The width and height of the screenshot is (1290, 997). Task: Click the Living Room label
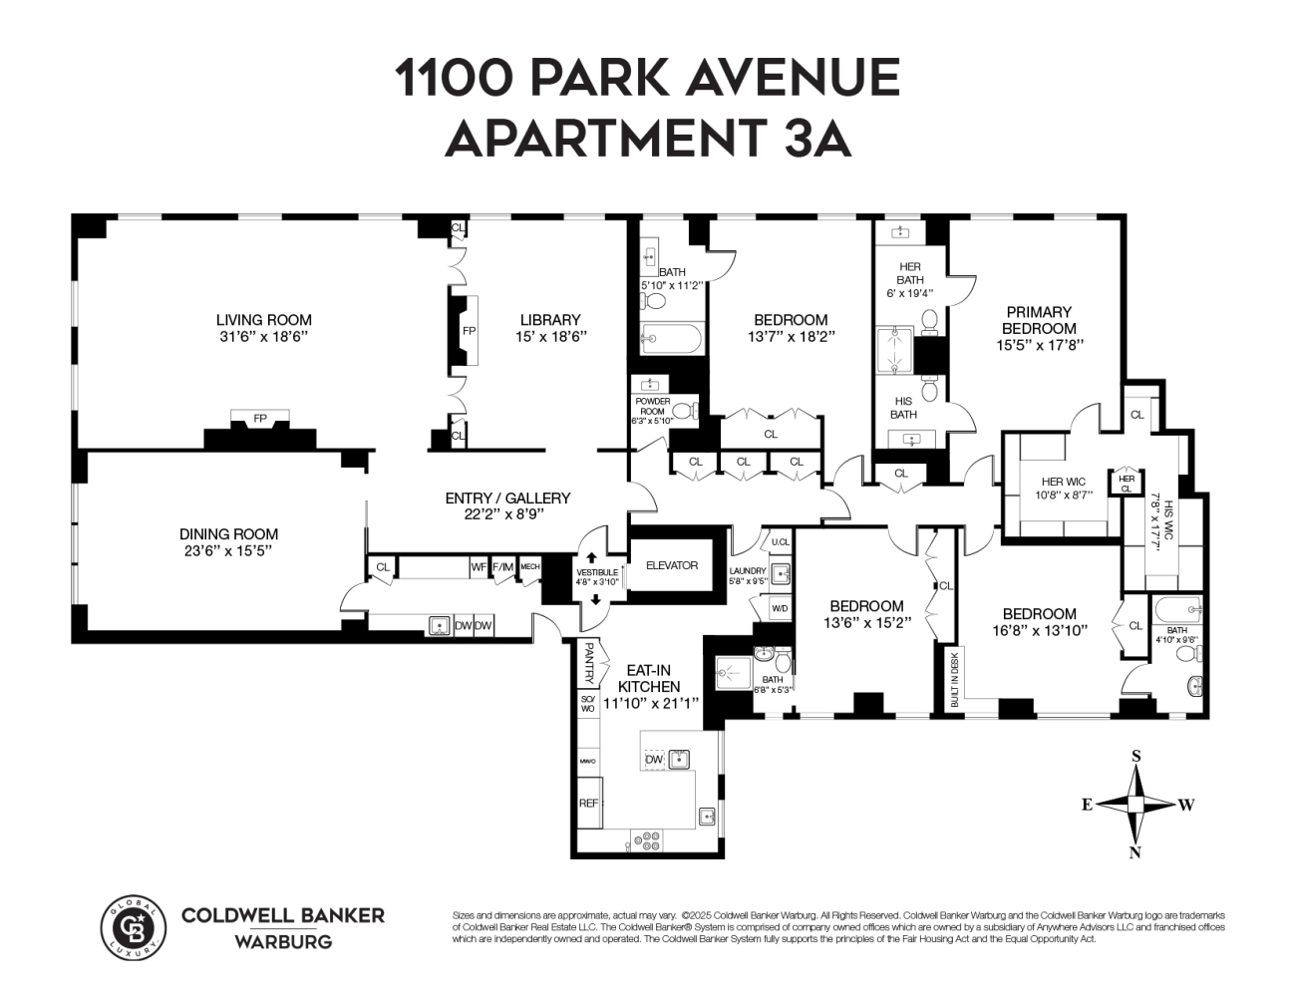click(263, 320)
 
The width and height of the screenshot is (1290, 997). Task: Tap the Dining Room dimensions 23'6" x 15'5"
click(228, 549)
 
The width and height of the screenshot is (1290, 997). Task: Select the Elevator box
click(671, 565)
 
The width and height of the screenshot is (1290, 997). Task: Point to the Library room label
click(549, 320)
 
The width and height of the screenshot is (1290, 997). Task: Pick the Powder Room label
click(652, 406)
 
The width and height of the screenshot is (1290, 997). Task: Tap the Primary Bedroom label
click(1038, 320)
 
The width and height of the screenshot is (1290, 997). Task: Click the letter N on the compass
click(1135, 852)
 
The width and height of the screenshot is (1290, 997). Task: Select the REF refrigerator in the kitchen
click(588, 803)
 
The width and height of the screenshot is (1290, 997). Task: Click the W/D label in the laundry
click(779, 608)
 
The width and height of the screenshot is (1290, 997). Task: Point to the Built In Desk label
click(954, 679)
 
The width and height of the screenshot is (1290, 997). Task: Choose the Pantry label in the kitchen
click(589, 663)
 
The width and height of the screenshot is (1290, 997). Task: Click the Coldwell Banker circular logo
click(134, 927)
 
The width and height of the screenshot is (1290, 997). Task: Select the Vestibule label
click(597, 572)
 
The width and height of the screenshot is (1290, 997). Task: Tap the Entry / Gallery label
click(507, 498)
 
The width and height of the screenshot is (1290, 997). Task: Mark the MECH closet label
click(529, 567)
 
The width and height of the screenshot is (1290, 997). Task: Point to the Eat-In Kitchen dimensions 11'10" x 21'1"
click(650, 702)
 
